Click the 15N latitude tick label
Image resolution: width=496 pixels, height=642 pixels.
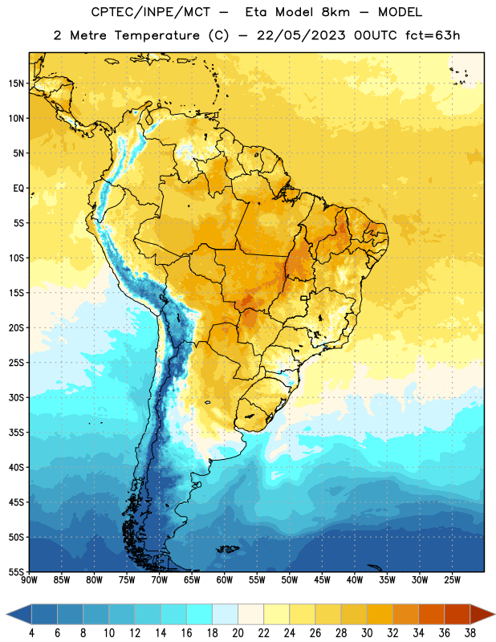pyautogui.click(x=16, y=83)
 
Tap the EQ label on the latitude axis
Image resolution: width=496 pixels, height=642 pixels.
pyautogui.click(x=18, y=189)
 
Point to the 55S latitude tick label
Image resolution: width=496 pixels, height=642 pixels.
pyautogui.click(x=16, y=571)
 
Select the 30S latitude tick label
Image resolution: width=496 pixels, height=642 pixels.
pyautogui.click(x=16, y=397)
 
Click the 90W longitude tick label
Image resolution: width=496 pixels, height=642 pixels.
pyautogui.click(x=29, y=580)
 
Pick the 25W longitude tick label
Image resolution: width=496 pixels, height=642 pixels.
pyautogui.click(x=452, y=580)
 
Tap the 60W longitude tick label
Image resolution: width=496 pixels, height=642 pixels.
pyautogui.click(x=225, y=580)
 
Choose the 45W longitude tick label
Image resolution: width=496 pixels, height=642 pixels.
pyautogui.click(x=322, y=580)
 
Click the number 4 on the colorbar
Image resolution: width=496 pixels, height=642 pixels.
pyautogui.click(x=31, y=633)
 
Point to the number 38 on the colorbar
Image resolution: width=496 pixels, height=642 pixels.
pyautogui.click(x=470, y=633)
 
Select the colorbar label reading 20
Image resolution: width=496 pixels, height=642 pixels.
pyautogui.click(x=238, y=633)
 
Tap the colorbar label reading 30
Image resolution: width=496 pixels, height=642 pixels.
pyautogui.click(x=367, y=633)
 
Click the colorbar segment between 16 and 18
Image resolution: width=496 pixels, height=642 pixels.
pyautogui.click(x=200, y=614)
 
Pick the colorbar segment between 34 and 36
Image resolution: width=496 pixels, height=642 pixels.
pyautogui.click(x=431, y=614)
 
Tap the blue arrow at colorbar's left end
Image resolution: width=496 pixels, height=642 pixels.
pyautogui.click(x=18, y=614)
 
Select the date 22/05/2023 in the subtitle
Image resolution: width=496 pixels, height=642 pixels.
pyautogui.click(x=302, y=35)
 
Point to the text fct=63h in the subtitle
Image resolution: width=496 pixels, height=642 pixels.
pyautogui.click(x=433, y=35)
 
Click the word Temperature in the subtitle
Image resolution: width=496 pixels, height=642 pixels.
pyautogui.click(x=157, y=35)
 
